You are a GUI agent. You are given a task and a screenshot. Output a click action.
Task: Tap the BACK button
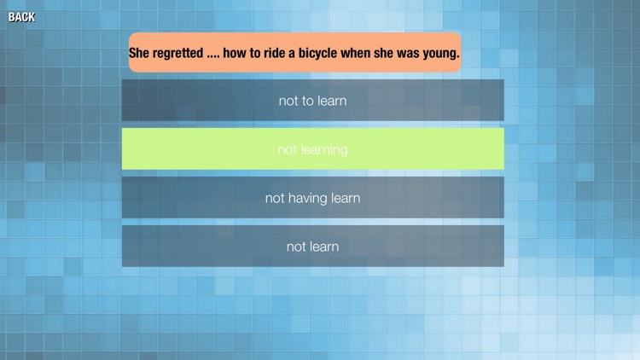[x=21, y=16]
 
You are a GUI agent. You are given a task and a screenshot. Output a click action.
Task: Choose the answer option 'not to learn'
[x=312, y=101]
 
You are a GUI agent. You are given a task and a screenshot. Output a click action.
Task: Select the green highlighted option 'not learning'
[x=312, y=149]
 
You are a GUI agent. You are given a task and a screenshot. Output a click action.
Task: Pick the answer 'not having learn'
[x=312, y=198]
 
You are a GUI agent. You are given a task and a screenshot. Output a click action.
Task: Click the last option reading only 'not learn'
[x=312, y=247]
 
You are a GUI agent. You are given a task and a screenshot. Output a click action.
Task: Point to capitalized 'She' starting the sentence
[x=139, y=53]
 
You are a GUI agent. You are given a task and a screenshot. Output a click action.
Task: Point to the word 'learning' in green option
[x=324, y=149]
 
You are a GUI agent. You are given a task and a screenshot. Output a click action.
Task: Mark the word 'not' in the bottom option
[x=295, y=247]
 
